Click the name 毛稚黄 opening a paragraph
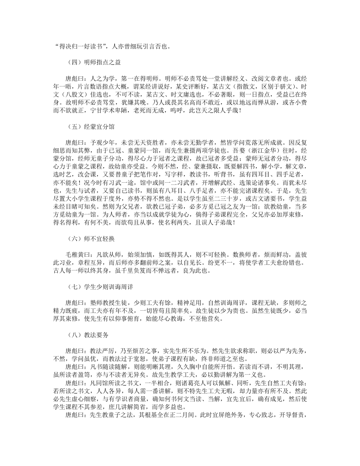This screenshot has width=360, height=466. (x=74, y=254)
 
